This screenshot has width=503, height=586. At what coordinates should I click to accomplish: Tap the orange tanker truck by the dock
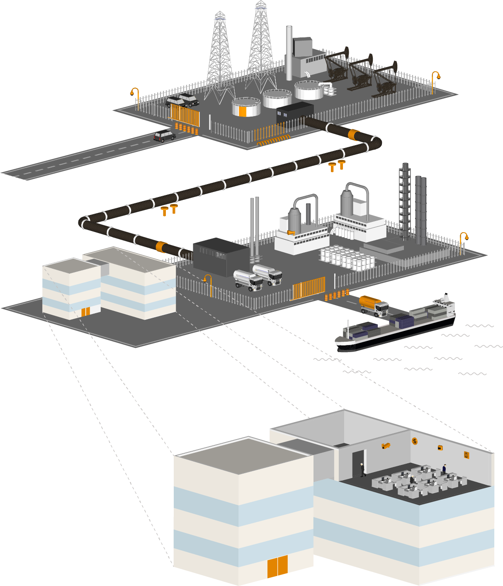[x=373, y=306]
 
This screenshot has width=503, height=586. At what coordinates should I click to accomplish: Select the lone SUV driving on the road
[x=165, y=135]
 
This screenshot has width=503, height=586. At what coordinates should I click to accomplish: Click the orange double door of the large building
[x=277, y=567]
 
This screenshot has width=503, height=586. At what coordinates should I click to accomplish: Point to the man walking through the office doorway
[x=362, y=469]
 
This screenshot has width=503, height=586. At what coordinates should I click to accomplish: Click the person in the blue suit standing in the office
[x=444, y=469]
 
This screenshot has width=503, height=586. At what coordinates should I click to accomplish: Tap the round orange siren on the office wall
[x=414, y=441]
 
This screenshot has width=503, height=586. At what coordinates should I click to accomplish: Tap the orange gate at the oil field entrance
[x=185, y=114]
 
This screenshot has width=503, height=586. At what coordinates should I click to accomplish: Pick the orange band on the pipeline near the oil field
[x=354, y=135]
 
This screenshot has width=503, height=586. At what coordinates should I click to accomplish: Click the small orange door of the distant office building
[x=85, y=312]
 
